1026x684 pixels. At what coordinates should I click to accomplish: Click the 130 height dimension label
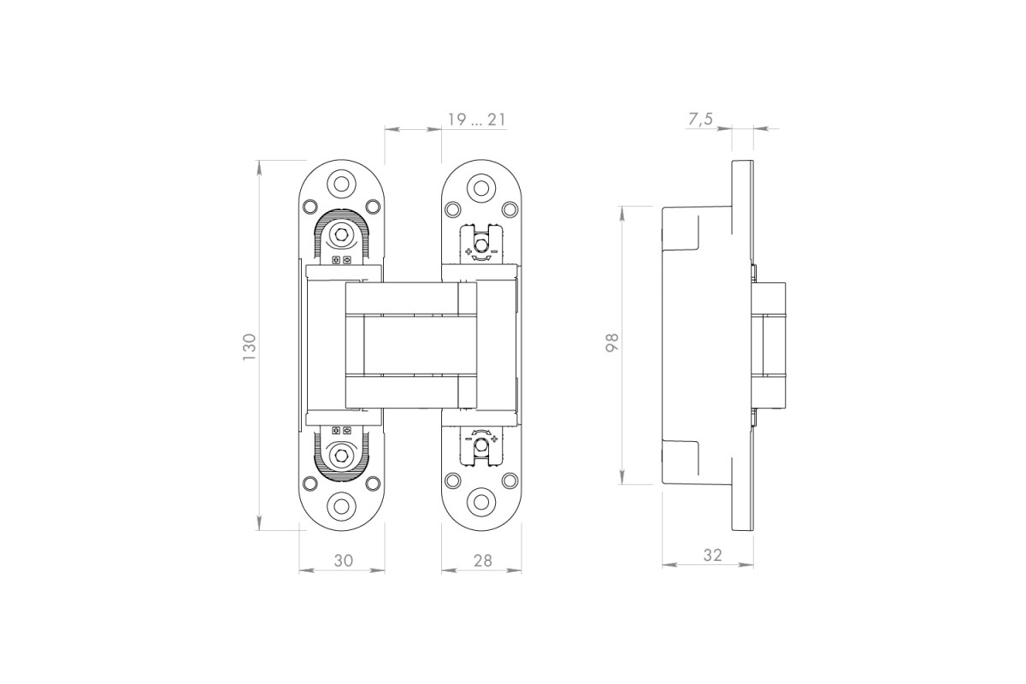[249, 347]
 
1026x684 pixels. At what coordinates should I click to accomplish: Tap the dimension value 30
[343, 560]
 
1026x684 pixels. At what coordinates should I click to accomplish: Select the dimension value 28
[482, 560]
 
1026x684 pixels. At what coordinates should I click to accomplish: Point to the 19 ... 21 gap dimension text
[476, 120]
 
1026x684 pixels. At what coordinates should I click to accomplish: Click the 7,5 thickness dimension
[701, 119]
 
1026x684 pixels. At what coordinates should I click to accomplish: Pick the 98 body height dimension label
[612, 342]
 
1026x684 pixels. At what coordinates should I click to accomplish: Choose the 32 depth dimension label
[713, 555]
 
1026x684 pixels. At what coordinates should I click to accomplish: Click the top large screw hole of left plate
[341, 184]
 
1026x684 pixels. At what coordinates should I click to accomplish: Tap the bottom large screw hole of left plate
[341, 506]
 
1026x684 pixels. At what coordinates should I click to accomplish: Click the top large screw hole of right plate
[481, 187]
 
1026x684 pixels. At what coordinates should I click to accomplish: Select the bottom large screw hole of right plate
[481, 502]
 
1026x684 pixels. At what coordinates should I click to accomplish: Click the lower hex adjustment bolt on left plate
[341, 455]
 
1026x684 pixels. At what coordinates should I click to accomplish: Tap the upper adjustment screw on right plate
[481, 245]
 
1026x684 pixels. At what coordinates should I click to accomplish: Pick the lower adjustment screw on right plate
[481, 444]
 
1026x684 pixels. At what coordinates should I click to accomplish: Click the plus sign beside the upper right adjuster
[468, 251]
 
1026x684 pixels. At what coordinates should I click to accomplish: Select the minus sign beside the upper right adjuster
[494, 251]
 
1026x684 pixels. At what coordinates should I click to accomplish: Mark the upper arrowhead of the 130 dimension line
[260, 168]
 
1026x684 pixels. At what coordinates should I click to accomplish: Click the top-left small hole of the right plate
[452, 209]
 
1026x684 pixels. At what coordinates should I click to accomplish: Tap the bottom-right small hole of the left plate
[374, 483]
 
